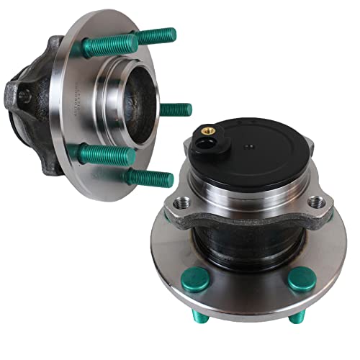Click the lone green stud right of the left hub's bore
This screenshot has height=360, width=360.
[176, 109]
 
